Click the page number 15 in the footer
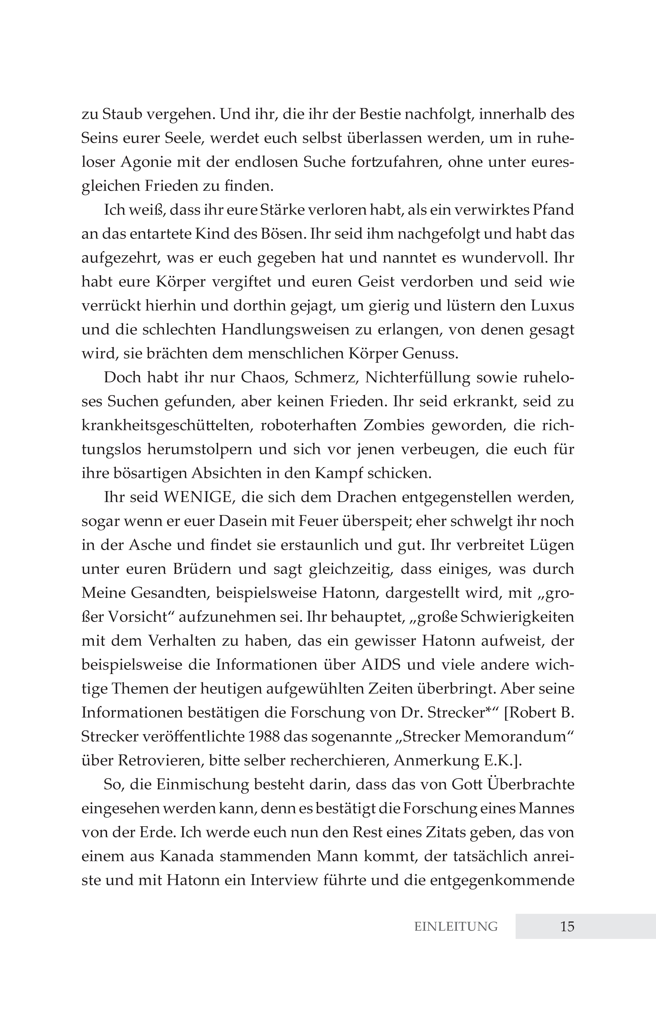click(x=567, y=926)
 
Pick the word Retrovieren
click(x=159, y=761)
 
